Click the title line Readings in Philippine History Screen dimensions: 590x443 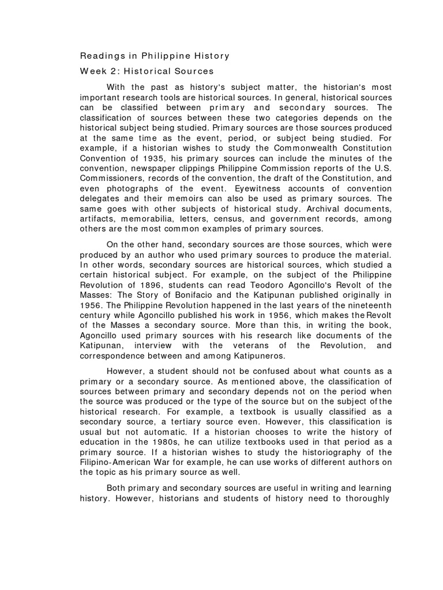pos(154,56)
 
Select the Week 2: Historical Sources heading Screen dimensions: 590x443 pos(146,71)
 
